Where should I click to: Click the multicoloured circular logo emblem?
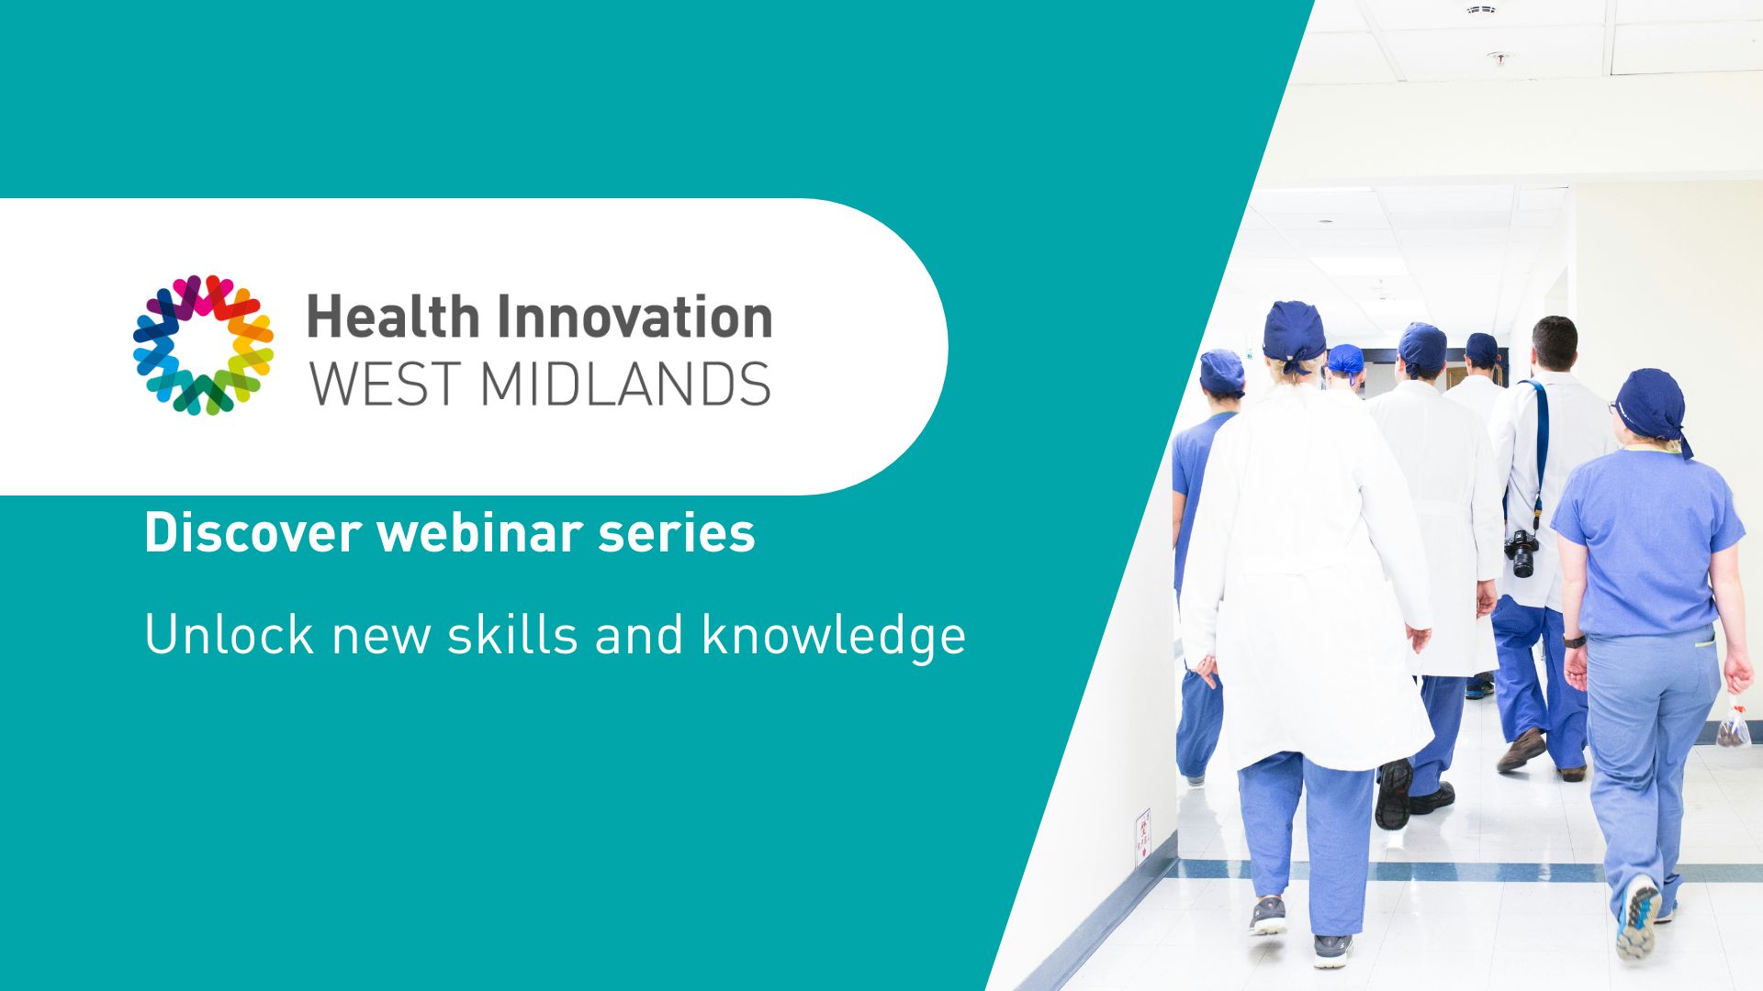point(203,345)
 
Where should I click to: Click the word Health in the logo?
point(394,317)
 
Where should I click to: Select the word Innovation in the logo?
point(634,317)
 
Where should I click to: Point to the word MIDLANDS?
point(625,384)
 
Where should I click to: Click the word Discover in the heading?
point(253,533)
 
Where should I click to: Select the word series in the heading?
point(677,533)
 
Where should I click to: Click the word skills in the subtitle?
point(512,634)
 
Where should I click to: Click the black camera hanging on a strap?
point(1521,553)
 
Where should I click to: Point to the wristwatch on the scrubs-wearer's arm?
point(1573,640)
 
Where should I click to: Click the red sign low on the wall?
point(1142,835)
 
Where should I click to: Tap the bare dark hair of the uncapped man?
point(1555,336)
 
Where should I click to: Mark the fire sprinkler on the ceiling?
point(1499,58)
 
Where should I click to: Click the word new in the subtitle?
point(381,639)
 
